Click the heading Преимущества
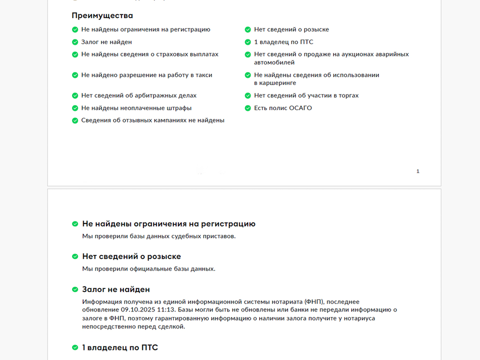coord(102,15)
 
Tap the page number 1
coord(418,171)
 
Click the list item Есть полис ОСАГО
coord(282,108)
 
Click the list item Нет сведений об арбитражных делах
coord(138,95)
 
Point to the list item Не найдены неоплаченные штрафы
coord(136,108)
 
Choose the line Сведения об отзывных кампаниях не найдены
coord(152,120)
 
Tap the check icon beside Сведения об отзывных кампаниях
coord(75,120)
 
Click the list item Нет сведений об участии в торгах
coord(306,95)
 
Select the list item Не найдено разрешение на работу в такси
coord(146,75)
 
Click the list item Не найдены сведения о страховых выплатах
coord(149,54)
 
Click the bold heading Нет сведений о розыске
coord(131,256)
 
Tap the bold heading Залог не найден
coord(115,289)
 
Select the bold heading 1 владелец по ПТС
coord(120,347)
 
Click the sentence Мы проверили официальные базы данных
coord(148,269)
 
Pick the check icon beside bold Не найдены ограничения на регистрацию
coord(75,224)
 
